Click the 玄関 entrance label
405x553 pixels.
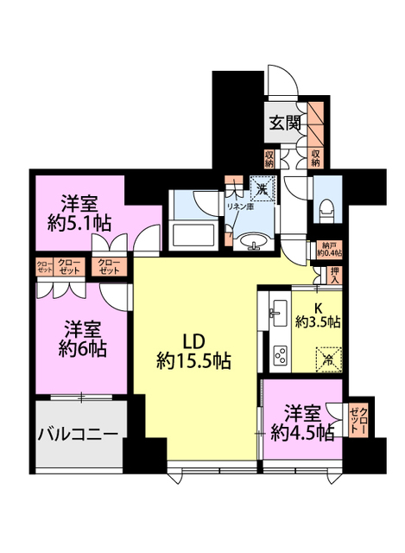[x=284, y=123]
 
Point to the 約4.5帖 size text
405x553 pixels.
[x=302, y=433]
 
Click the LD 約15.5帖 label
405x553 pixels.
[x=193, y=348]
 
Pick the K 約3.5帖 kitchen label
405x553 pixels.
[x=317, y=315]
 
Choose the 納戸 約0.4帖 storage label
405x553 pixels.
[x=329, y=249]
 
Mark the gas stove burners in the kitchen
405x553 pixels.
[x=281, y=353]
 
